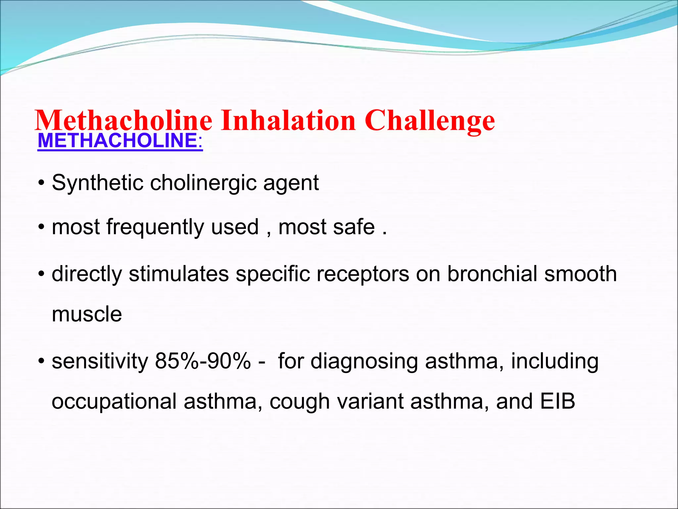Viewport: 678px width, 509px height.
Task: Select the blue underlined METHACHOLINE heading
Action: pos(120,141)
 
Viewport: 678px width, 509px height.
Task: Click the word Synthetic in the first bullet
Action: pos(97,183)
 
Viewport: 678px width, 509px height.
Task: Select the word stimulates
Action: pos(179,274)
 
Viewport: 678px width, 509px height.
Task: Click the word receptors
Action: pos(363,275)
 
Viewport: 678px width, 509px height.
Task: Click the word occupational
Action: pos(114,402)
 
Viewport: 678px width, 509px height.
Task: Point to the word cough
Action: pos(299,402)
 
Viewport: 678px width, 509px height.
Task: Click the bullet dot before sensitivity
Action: pos(41,362)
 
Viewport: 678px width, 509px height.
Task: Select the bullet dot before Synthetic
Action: pos(41,183)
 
